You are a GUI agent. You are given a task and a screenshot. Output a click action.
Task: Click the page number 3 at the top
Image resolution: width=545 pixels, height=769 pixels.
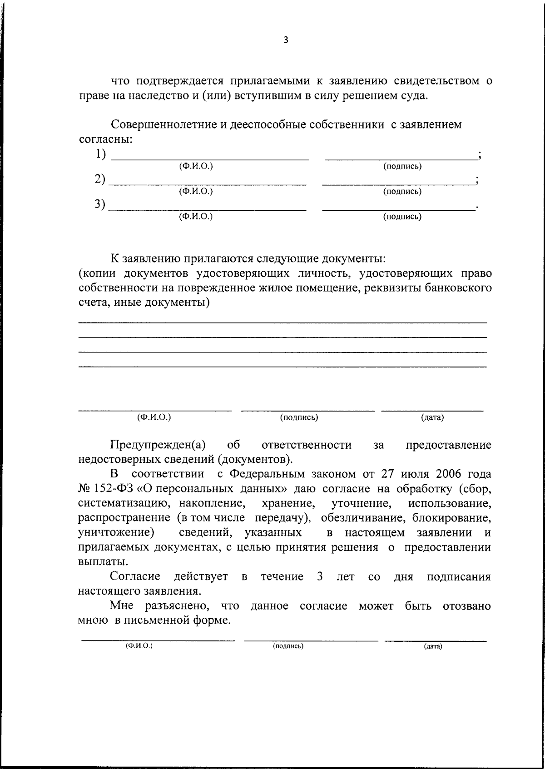pos(285,40)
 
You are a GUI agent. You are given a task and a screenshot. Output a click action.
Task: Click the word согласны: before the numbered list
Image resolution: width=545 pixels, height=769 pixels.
pos(105,139)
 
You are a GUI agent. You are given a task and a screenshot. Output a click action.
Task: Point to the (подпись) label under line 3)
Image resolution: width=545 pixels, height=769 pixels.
pos(402,217)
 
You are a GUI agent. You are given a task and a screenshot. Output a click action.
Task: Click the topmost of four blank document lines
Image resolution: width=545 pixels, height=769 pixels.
pos(282,321)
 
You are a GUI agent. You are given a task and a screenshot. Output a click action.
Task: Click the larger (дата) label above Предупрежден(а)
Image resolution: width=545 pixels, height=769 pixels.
pos(432,417)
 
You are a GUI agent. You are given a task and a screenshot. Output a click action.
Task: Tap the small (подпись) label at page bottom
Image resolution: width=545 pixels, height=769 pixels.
pos(288,646)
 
